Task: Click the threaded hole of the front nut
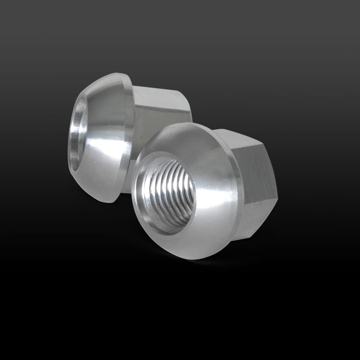tap(167, 193)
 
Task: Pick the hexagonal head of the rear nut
tap(162, 108)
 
